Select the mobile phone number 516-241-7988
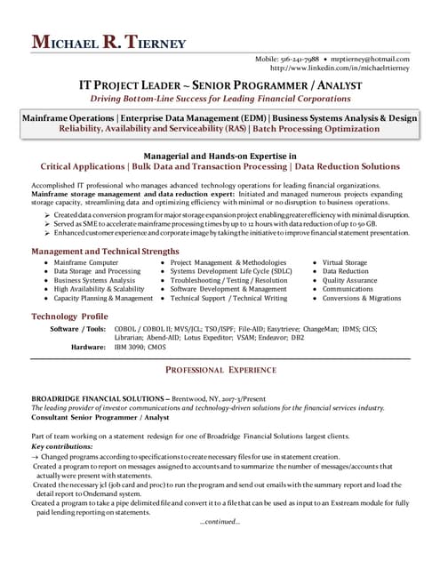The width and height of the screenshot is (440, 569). (298, 59)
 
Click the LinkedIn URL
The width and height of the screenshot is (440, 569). (340, 68)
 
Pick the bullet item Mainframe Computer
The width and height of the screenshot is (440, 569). (85, 263)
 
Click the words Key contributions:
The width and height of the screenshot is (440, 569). (63, 445)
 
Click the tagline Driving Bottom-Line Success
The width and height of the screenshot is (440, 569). (220, 99)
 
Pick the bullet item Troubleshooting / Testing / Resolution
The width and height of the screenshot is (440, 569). (228, 280)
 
